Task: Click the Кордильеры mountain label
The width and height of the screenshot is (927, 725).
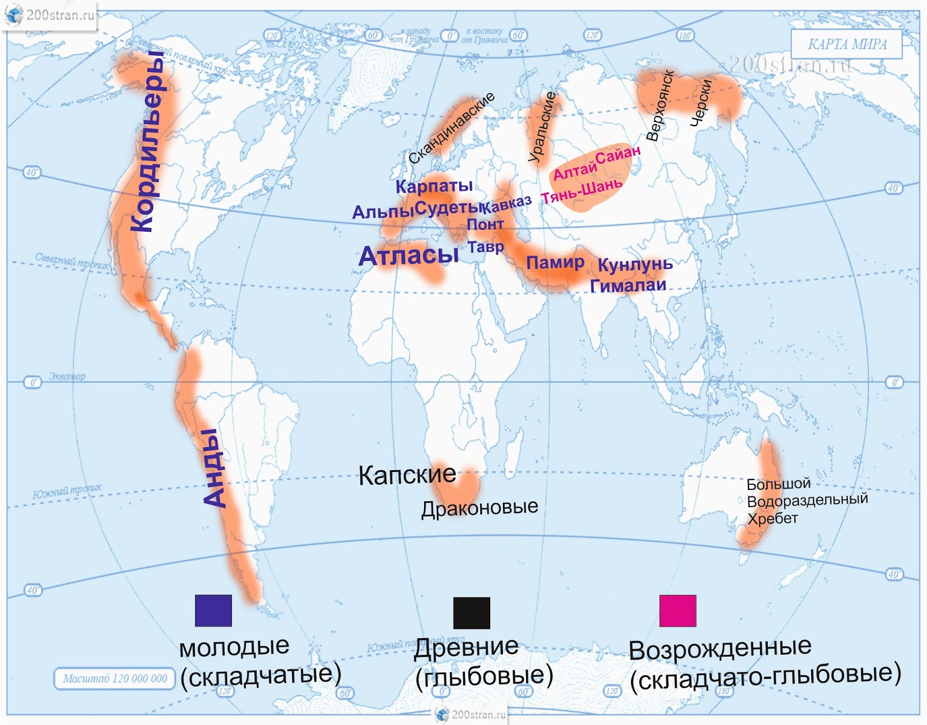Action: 147,142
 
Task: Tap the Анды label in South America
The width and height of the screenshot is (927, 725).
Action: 214,468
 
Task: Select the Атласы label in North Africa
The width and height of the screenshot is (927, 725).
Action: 408,256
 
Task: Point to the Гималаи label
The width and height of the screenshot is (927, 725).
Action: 628,285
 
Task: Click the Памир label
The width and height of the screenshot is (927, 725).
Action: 555,262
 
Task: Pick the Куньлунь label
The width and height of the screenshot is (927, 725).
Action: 635,265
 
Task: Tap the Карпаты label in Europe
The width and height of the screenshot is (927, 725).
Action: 434,186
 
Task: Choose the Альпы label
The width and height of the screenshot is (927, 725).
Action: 383,212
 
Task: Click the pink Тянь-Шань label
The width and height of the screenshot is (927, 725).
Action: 582,192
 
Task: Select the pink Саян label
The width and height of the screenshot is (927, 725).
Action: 618,155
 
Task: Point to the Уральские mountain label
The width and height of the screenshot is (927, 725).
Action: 542,127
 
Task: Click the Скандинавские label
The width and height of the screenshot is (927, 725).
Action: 451,128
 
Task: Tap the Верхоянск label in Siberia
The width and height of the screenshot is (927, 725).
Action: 660,106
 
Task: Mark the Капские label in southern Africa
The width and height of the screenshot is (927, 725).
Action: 407,475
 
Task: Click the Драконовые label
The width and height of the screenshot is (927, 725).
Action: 479,508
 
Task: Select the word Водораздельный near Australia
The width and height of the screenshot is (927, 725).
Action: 807,500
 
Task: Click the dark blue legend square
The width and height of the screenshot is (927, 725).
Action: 213,610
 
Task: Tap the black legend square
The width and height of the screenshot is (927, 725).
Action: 472,613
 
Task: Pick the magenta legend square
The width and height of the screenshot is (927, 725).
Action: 677,610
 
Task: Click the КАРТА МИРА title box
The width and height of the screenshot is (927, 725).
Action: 846,44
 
